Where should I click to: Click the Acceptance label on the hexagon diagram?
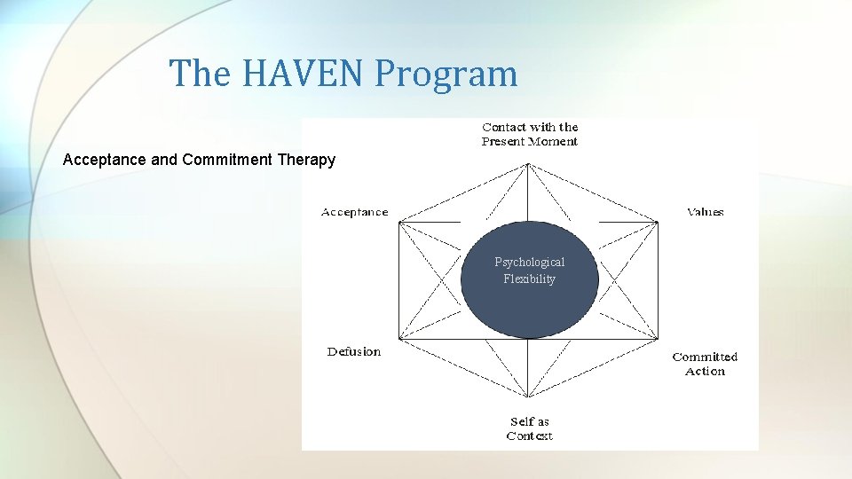click(x=354, y=212)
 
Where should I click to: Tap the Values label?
click(x=706, y=212)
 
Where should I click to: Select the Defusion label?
click(x=353, y=352)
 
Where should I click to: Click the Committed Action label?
click(x=705, y=364)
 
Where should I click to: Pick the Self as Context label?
click(x=530, y=428)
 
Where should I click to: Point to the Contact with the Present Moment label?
click(x=530, y=134)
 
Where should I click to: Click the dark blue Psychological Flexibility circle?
click(x=530, y=302)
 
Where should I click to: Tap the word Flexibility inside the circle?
click(x=530, y=279)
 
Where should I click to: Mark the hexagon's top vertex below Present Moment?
click(x=529, y=163)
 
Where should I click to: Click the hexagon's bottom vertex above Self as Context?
click(x=529, y=397)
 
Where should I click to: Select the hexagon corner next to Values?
click(x=659, y=222)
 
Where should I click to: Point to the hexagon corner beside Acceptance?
click(x=399, y=222)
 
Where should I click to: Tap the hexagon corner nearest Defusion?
click(x=399, y=338)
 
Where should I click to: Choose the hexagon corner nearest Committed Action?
click(x=659, y=338)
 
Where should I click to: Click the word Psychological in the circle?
click(x=530, y=262)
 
